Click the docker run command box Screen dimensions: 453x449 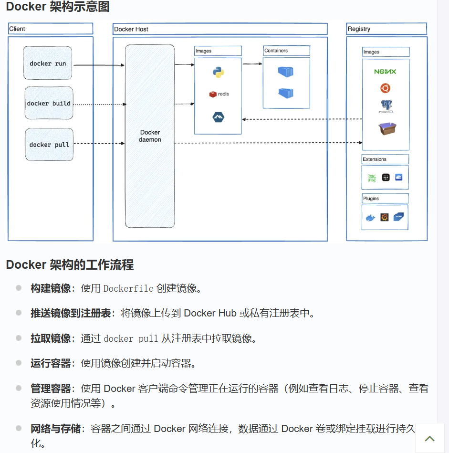click(48, 63)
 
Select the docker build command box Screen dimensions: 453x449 click(49, 103)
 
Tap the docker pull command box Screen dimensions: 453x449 click(49, 144)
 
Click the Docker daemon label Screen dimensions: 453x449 click(150, 136)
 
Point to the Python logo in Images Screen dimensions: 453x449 click(219, 73)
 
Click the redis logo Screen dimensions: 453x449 click(219, 94)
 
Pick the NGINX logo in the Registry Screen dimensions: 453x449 click(385, 72)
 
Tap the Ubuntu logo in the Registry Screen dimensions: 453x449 click(385, 88)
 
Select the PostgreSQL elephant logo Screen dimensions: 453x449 click(386, 105)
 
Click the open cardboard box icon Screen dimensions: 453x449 click(387, 128)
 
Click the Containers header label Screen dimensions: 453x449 click(276, 51)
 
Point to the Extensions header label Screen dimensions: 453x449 click(375, 159)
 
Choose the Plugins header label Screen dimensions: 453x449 click(371, 199)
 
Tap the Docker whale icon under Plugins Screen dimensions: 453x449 click(370, 218)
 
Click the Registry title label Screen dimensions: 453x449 click(359, 29)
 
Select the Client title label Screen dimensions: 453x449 click(17, 29)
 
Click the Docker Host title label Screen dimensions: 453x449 click(131, 29)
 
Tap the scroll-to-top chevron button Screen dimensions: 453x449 click(429, 438)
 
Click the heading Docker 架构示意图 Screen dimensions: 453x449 click(58, 7)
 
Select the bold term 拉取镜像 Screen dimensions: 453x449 click(51, 338)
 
